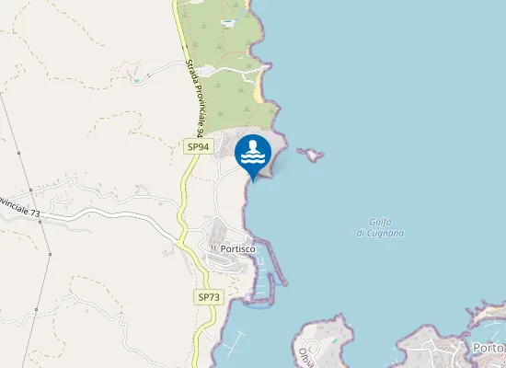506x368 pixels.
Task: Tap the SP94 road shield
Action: pyautogui.click(x=198, y=146)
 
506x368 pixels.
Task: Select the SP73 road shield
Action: pyautogui.click(x=209, y=296)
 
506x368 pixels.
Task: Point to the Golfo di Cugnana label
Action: pyautogui.click(x=380, y=227)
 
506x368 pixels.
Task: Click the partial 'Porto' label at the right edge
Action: pyautogui.click(x=488, y=348)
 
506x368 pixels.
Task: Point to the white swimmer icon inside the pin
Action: pyautogui.click(x=253, y=152)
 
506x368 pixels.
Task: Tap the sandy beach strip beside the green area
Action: pyautogui.click(x=261, y=87)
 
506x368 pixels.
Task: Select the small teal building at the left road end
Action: pyautogui.click(x=137, y=81)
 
